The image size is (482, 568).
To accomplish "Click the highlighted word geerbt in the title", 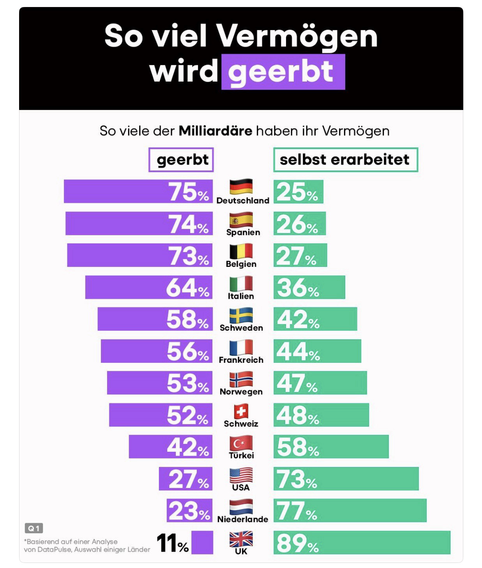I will pyautogui.click(x=283, y=72).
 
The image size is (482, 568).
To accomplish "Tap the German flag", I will pyautogui.click(x=241, y=187).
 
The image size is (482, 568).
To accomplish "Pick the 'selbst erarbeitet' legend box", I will pyautogui.click(x=345, y=160).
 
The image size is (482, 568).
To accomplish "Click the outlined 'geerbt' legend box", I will pyautogui.click(x=181, y=160).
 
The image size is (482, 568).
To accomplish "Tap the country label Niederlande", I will pyautogui.click(x=242, y=519).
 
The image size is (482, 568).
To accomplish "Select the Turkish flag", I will pyautogui.click(x=241, y=443).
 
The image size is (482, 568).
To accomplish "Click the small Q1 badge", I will pyautogui.click(x=34, y=528).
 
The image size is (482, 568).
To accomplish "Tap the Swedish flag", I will pyautogui.click(x=241, y=315).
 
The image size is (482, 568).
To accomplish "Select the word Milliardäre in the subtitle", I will pyautogui.click(x=215, y=131).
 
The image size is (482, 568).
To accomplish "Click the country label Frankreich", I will pyautogui.click(x=241, y=360).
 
